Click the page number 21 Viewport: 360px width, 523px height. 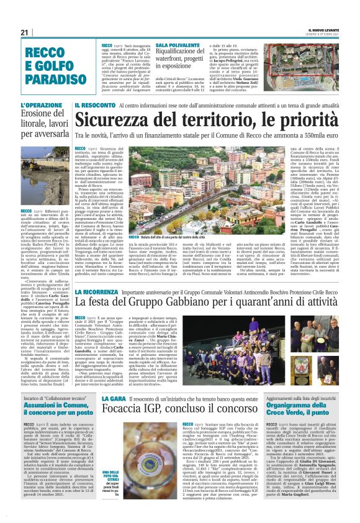coord(25,33)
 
